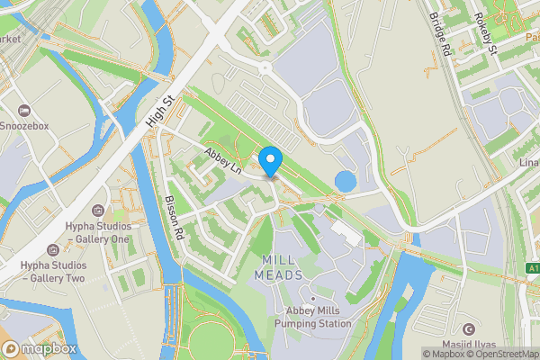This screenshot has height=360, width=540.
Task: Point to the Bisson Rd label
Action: pos(175,218)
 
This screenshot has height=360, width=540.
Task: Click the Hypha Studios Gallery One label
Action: pos(97,233)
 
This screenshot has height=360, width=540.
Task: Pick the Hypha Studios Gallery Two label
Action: pos(53,273)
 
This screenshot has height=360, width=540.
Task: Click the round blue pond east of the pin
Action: pos(345,181)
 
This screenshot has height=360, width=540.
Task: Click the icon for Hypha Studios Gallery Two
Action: pos(53,249)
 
